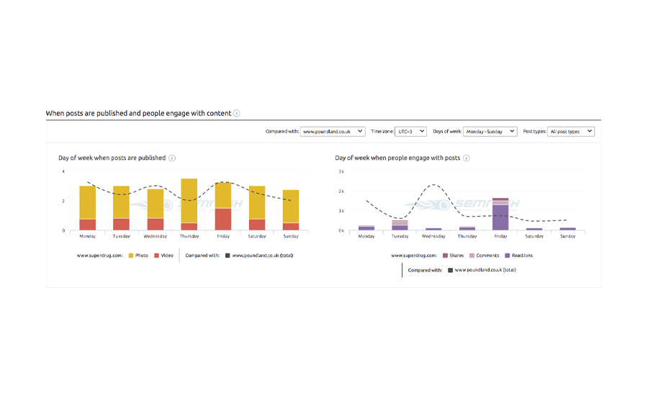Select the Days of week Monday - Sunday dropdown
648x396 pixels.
click(490, 132)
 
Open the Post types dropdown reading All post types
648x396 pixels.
click(571, 132)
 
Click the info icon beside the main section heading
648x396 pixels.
click(237, 113)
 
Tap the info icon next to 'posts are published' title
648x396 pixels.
click(172, 158)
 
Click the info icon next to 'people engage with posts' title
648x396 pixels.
click(467, 158)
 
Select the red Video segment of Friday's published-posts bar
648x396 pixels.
click(223, 219)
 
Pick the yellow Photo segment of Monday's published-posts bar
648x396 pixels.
click(88, 202)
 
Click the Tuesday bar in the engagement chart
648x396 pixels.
click(400, 225)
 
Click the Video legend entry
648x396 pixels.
click(163, 256)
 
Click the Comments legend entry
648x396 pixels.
click(484, 256)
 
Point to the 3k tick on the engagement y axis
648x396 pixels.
click(341, 171)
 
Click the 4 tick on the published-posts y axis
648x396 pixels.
click(63, 171)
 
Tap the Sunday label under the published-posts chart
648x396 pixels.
click(291, 236)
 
